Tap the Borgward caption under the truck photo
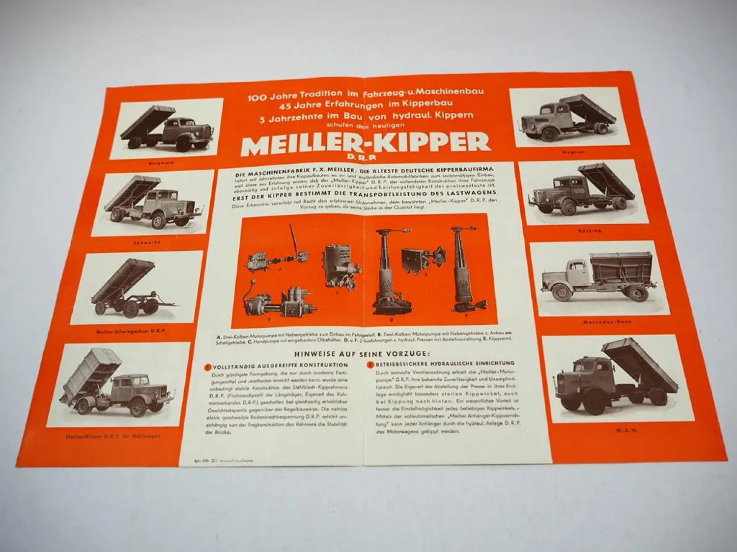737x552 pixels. (161, 162)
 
